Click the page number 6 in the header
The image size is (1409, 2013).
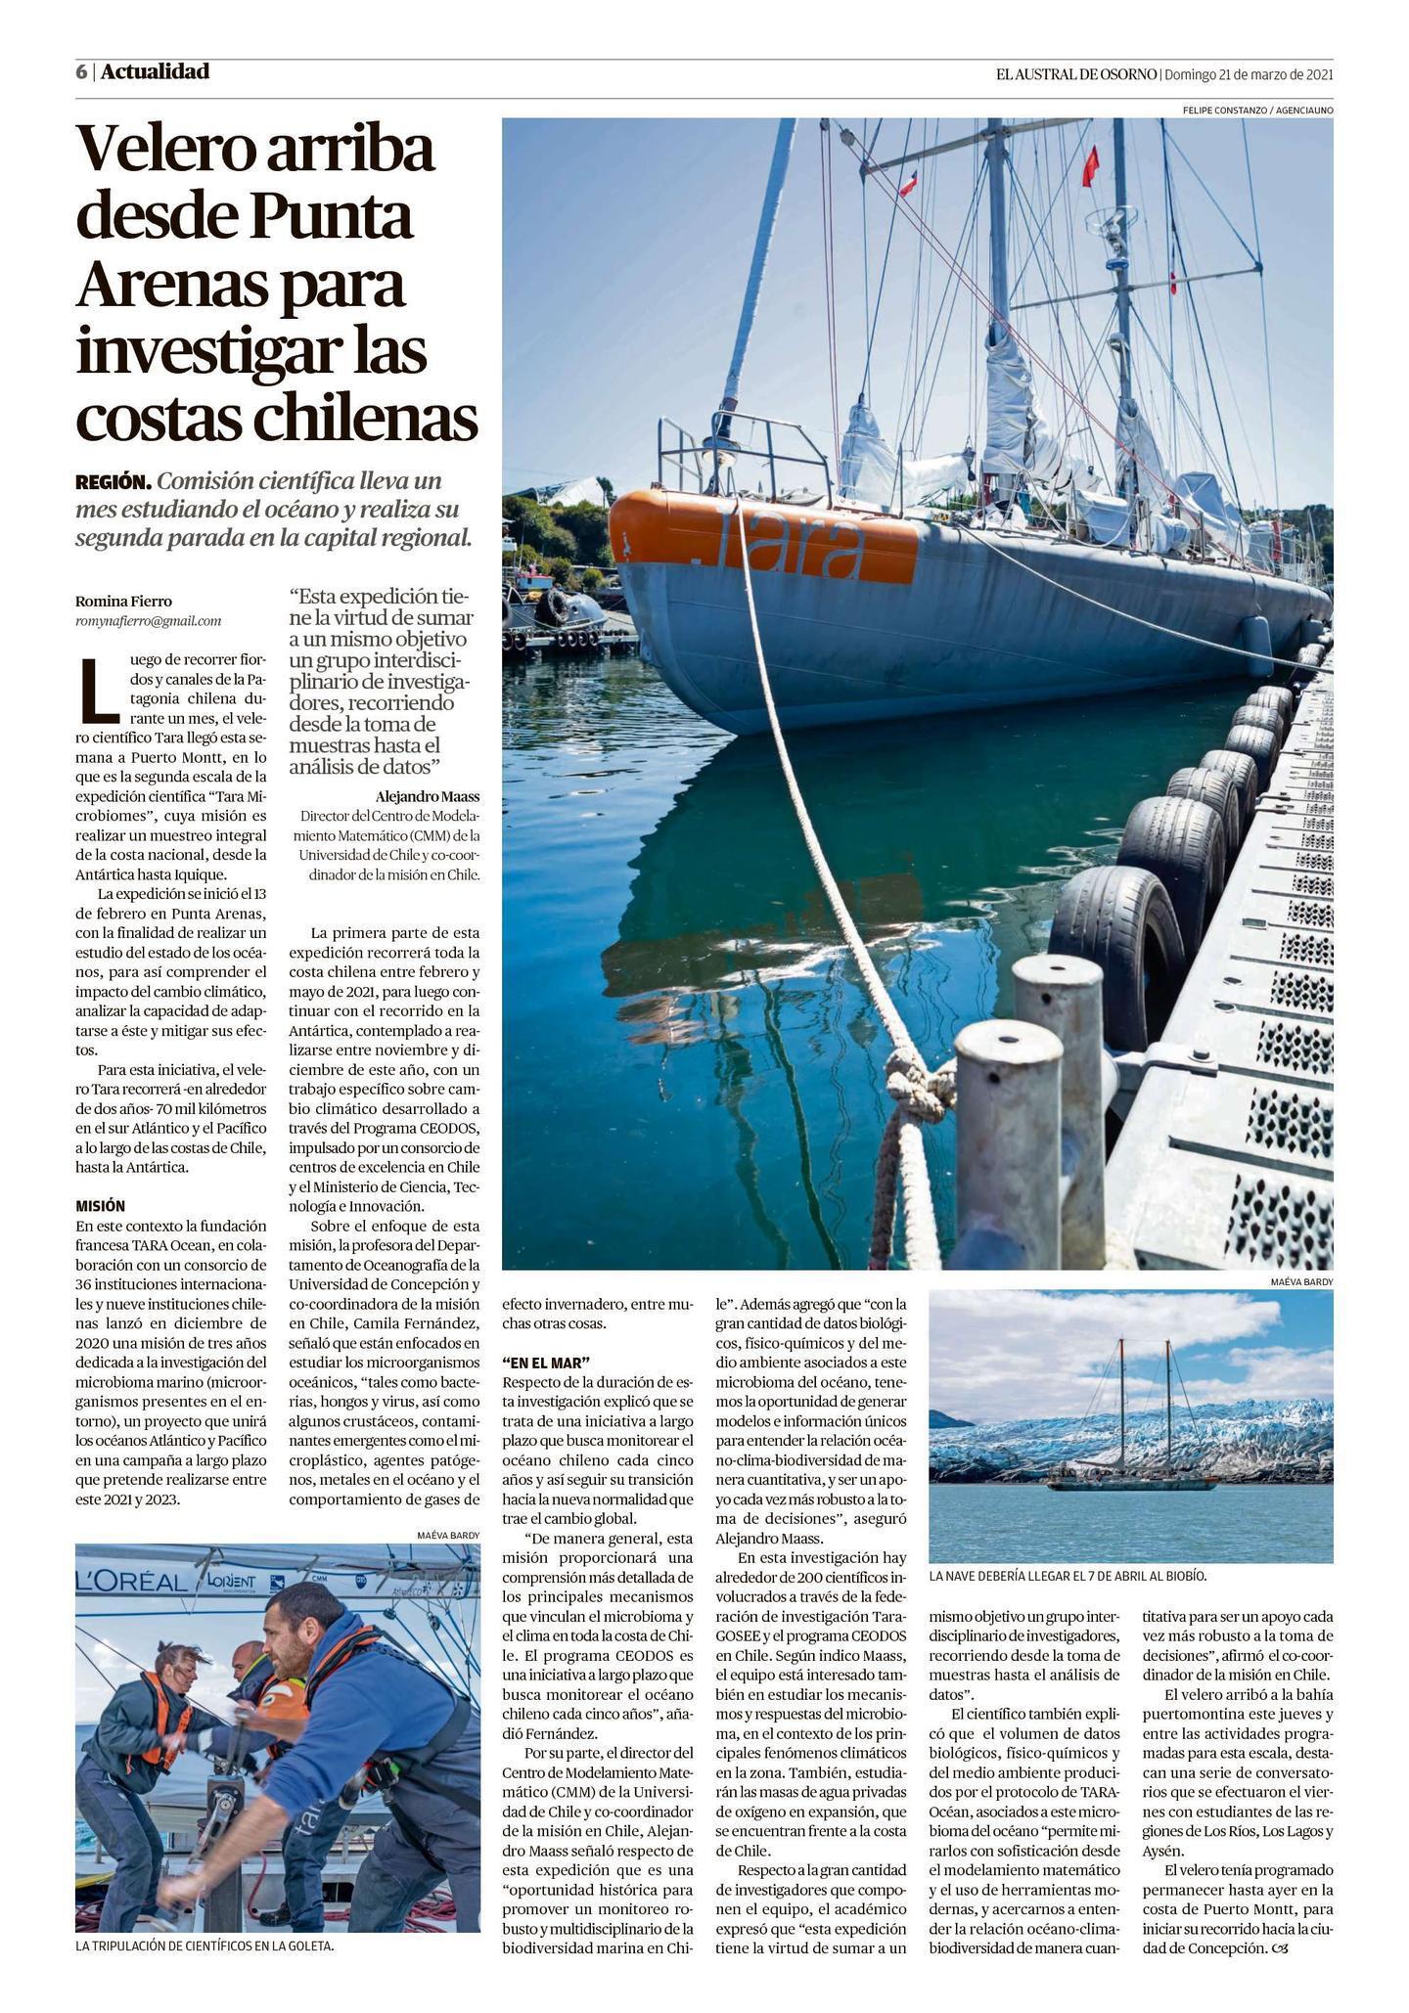(x=81, y=72)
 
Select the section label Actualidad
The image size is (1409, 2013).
(x=155, y=71)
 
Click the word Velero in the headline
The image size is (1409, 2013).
(x=161, y=150)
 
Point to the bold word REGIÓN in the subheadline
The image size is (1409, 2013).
(x=113, y=482)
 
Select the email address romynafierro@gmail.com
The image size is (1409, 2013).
(x=148, y=620)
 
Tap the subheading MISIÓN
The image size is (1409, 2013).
(x=100, y=1206)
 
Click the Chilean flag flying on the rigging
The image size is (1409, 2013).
(x=908, y=182)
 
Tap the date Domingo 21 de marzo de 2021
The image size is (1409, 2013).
(x=1249, y=74)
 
